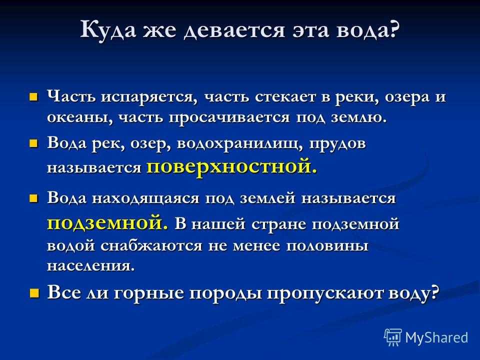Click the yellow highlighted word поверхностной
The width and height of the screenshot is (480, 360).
tap(231, 167)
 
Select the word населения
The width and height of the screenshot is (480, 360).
tap(90, 266)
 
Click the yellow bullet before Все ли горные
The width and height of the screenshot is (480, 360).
tap(34, 293)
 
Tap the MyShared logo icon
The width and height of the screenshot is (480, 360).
tap(393, 337)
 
